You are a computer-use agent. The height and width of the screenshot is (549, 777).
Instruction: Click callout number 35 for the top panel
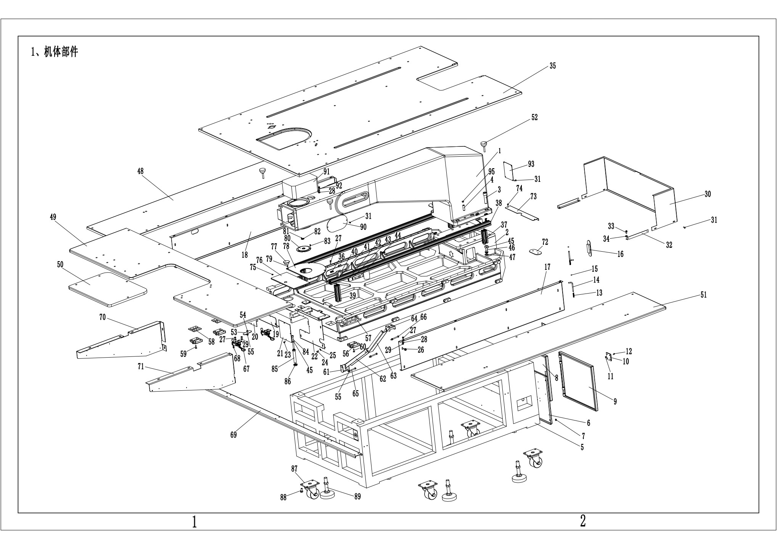point(553,66)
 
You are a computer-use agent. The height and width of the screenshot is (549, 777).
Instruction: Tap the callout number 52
point(534,117)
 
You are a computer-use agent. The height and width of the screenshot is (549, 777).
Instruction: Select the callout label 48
point(140,171)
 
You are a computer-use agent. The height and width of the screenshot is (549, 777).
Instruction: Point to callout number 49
point(53,217)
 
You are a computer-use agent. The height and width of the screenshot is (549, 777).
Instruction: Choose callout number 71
point(141,367)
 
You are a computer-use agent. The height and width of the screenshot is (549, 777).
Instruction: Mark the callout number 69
point(233,435)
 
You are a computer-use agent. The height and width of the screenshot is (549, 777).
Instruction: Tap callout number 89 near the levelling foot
point(357,496)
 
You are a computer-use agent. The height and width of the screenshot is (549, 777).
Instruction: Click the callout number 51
point(703,295)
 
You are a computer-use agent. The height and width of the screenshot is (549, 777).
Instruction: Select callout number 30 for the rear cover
point(708,194)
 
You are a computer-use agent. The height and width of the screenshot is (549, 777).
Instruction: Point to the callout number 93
point(531,164)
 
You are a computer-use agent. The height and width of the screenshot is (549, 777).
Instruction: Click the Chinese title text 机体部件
point(61,52)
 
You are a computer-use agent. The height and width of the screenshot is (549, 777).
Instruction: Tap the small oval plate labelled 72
point(536,252)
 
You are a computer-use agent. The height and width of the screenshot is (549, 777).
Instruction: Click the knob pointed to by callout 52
point(484,144)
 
